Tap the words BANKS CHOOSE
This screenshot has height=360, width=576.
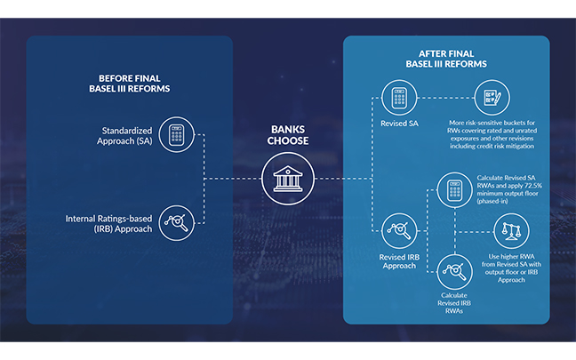[x=287, y=135]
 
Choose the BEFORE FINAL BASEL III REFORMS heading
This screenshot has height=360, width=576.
[x=130, y=83]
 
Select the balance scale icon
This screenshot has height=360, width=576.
[x=513, y=231]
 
